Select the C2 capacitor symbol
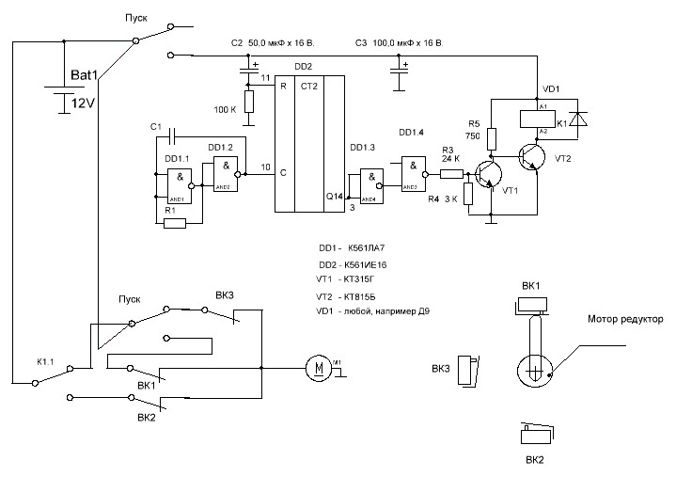coord(248,71)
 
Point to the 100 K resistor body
coord(248,102)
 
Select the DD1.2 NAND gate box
coord(225,174)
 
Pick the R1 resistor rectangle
coord(175,223)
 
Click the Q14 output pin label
coord(334,196)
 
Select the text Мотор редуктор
coord(625,320)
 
